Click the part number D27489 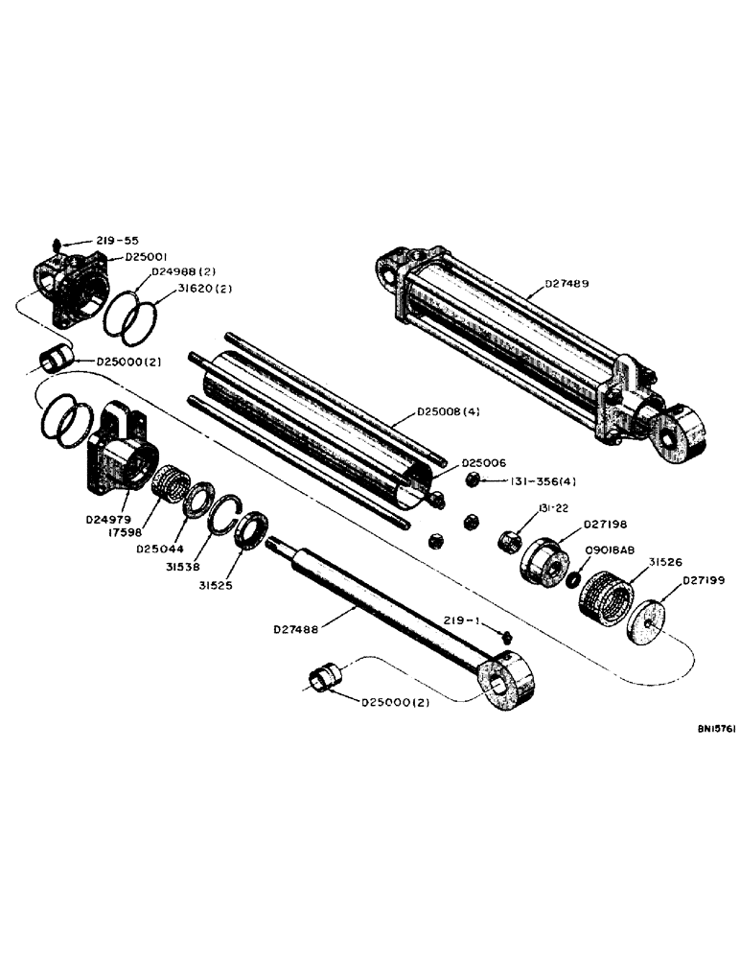pyautogui.click(x=567, y=283)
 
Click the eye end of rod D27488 pyautogui.click(x=505, y=683)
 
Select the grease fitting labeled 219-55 pyautogui.click(x=57, y=244)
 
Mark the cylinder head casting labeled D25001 pyautogui.click(x=72, y=282)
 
